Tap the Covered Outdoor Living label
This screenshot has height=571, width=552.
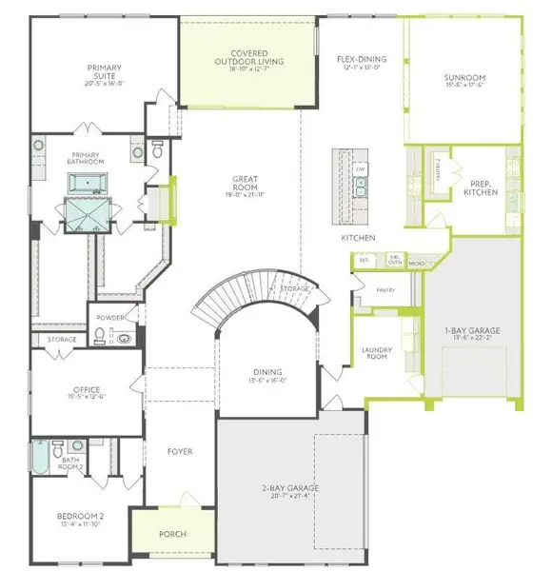[247, 58]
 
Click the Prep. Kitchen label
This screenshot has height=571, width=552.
[478, 188]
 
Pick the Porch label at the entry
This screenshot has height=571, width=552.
[172, 533]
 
